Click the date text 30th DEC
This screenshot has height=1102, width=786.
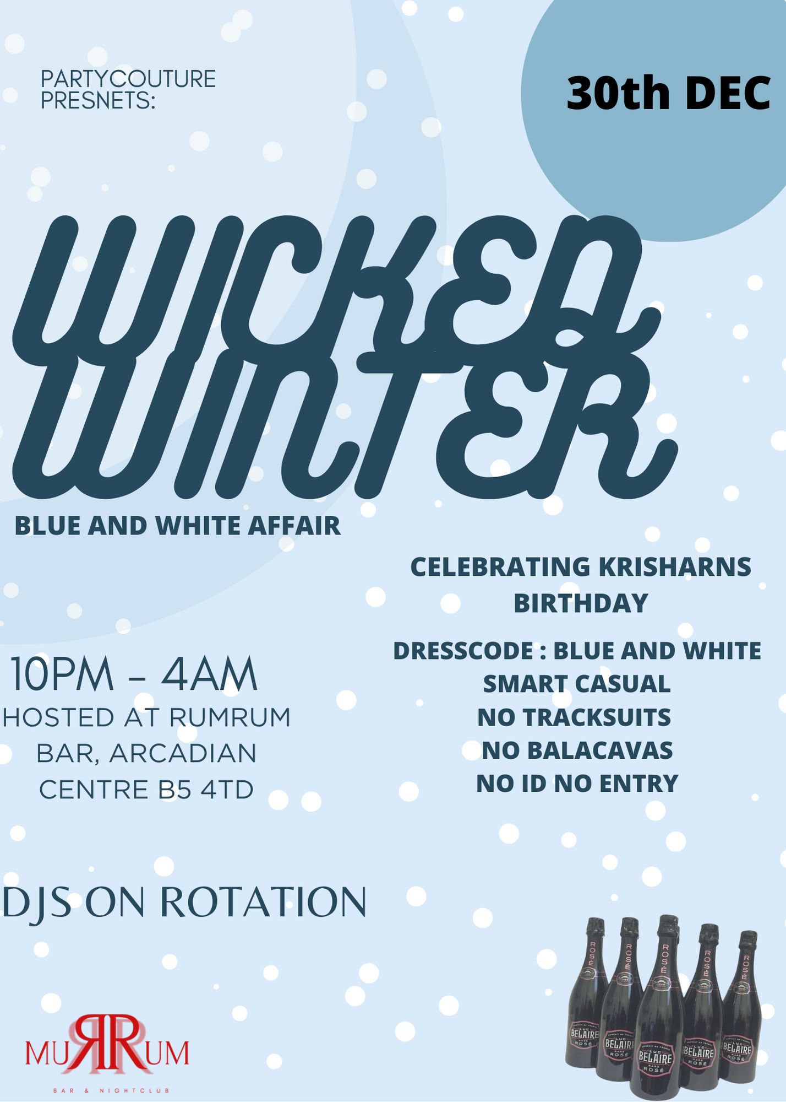tap(668, 93)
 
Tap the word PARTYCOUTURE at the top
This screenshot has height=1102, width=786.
tap(128, 79)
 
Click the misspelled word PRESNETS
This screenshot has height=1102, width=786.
tap(98, 101)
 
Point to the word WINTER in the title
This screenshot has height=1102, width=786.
tap(344, 424)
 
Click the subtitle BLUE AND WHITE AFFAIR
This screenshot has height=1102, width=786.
tap(178, 526)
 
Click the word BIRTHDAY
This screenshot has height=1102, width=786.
tap(581, 603)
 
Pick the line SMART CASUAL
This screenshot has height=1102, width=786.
tap(577, 684)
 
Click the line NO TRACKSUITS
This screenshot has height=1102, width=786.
tap(574, 717)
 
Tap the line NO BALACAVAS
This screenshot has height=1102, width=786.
tap(577, 750)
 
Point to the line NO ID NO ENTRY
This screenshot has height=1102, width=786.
tap(577, 783)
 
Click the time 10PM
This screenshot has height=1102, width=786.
tap(62, 674)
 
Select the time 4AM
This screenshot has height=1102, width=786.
tap(209, 674)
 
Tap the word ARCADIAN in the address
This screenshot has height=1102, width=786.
tap(183, 753)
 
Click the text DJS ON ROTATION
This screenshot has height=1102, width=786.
tap(184, 902)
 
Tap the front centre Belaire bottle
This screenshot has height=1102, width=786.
tap(663, 1008)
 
